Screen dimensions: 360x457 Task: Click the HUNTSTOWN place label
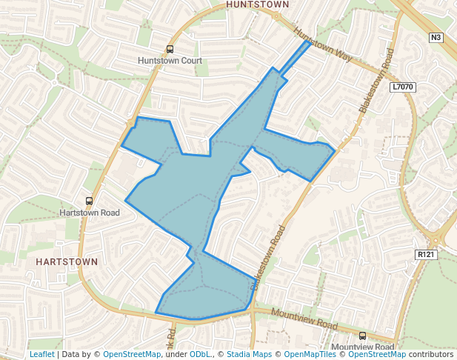[258, 4]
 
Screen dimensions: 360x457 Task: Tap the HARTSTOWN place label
[67, 262]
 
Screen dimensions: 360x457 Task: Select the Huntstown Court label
[170, 60]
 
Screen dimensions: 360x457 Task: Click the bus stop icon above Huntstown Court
[170, 50]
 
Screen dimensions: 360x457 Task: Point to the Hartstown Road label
[89, 213]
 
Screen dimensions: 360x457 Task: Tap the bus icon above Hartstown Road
[90, 201]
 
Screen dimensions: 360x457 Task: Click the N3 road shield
[436, 37]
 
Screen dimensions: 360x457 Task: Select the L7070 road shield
[403, 87]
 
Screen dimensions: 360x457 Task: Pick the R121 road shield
[425, 255]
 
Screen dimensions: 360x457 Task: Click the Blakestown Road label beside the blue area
[268, 256]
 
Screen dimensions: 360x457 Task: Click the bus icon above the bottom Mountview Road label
[362, 336]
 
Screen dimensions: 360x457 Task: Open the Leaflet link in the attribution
[41, 354]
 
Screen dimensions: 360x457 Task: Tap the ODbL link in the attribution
[200, 354]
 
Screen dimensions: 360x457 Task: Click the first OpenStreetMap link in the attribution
[131, 354]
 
